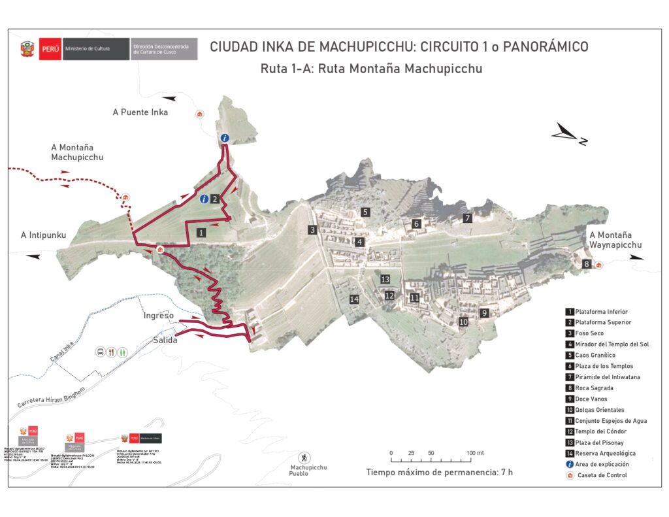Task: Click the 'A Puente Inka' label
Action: tap(140, 112)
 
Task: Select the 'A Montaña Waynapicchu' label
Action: tap(615, 240)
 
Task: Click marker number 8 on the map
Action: tap(587, 264)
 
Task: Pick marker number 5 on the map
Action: tap(366, 212)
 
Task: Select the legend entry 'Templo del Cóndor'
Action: tap(600, 431)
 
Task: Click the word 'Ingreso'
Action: tap(159, 316)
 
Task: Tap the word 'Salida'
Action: tap(165, 340)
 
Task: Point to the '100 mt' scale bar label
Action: tap(475, 453)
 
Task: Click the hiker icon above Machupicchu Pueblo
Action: tap(304, 457)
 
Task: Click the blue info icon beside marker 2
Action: tap(204, 199)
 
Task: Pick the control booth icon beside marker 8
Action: tap(598, 265)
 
